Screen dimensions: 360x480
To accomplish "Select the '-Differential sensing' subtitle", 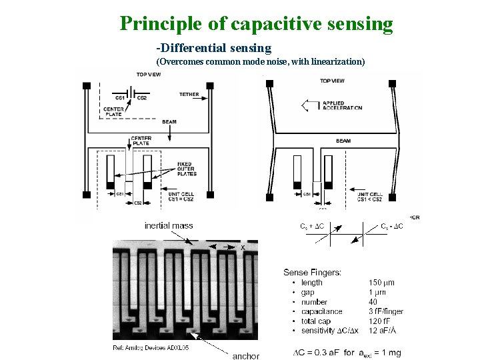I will [x=214, y=48].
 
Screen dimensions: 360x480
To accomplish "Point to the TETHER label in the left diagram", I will [x=189, y=95].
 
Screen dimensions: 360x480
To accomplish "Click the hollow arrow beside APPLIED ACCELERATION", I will [x=309, y=105].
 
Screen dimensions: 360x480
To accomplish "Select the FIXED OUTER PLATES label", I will [x=185, y=169].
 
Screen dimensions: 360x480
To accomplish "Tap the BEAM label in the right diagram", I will [x=343, y=141].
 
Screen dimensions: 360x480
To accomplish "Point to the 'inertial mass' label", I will [x=169, y=225].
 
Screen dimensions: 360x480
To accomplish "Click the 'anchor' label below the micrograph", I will [x=245, y=356].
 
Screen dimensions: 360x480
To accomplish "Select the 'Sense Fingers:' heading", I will [x=313, y=272].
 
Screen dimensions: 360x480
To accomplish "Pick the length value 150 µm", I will [x=381, y=283].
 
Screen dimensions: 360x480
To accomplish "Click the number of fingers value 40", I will [x=374, y=302].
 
